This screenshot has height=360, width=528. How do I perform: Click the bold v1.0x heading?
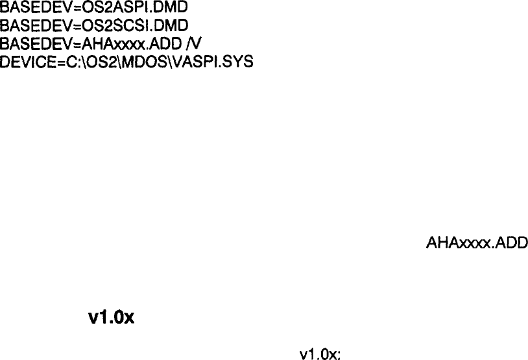coord(111,319)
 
